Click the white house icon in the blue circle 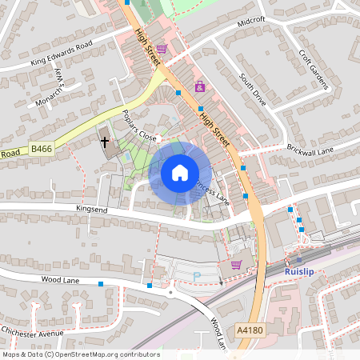[180, 172]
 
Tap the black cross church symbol [104, 142]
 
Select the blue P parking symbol [197, 276]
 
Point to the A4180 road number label [249, 330]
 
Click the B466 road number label [42, 148]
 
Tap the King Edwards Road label [62, 52]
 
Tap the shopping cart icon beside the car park [236, 265]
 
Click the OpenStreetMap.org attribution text [81, 354]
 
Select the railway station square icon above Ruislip [299, 259]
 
